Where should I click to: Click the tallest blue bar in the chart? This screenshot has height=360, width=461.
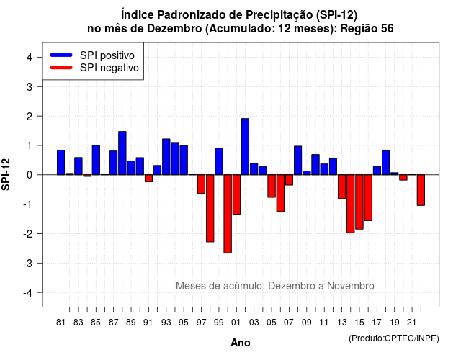click(x=245, y=147)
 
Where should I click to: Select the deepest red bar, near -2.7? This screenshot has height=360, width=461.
click(x=228, y=214)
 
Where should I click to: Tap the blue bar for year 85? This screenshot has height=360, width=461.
click(x=96, y=160)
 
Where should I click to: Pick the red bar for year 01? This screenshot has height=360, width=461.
click(x=236, y=194)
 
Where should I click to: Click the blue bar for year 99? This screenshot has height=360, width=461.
click(x=219, y=161)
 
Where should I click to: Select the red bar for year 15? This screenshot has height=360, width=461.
click(x=359, y=202)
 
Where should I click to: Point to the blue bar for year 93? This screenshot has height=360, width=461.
click(x=166, y=157)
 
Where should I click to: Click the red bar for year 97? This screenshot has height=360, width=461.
click(x=201, y=184)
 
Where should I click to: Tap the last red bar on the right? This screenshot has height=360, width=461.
click(x=421, y=190)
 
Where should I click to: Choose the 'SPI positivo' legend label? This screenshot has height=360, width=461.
click(x=107, y=55)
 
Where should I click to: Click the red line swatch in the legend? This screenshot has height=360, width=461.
click(x=61, y=68)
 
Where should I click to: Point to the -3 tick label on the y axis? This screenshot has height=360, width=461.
click(x=28, y=263)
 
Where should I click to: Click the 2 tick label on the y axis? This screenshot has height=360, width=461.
click(x=30, y=117)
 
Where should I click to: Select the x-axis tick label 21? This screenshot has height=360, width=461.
click(x=411, y=323)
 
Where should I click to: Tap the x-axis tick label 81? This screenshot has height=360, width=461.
click(x=61, y=323)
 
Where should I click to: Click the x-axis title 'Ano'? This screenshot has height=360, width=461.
click(x=240, y=343)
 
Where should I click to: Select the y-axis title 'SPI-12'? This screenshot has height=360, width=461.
click(x=6, y=174)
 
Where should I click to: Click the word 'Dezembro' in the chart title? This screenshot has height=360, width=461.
click(x=174, y=29)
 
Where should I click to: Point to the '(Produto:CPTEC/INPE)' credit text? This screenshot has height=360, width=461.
click(x=394, y=338)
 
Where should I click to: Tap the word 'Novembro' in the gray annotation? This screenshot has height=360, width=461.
click(x=351, y=286)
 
